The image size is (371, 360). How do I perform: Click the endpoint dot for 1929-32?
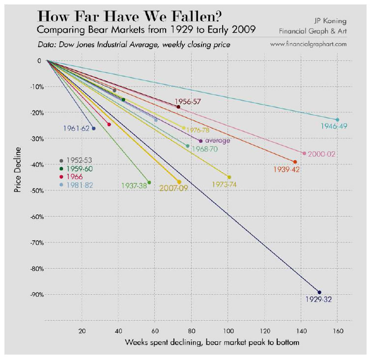319,292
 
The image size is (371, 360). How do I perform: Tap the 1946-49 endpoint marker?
337,120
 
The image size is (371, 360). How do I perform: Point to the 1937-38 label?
134,186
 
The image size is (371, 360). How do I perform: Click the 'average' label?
217,140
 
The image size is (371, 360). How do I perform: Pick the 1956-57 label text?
188,102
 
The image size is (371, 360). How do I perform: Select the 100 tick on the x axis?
228,331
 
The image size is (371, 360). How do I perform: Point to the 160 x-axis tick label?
338,331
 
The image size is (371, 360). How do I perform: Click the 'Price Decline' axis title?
18,168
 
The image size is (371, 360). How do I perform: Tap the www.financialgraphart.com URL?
309,44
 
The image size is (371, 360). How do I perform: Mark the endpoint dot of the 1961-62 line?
94,128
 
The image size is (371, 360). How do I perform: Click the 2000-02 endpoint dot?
304,153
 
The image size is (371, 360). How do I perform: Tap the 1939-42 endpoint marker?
295,162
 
